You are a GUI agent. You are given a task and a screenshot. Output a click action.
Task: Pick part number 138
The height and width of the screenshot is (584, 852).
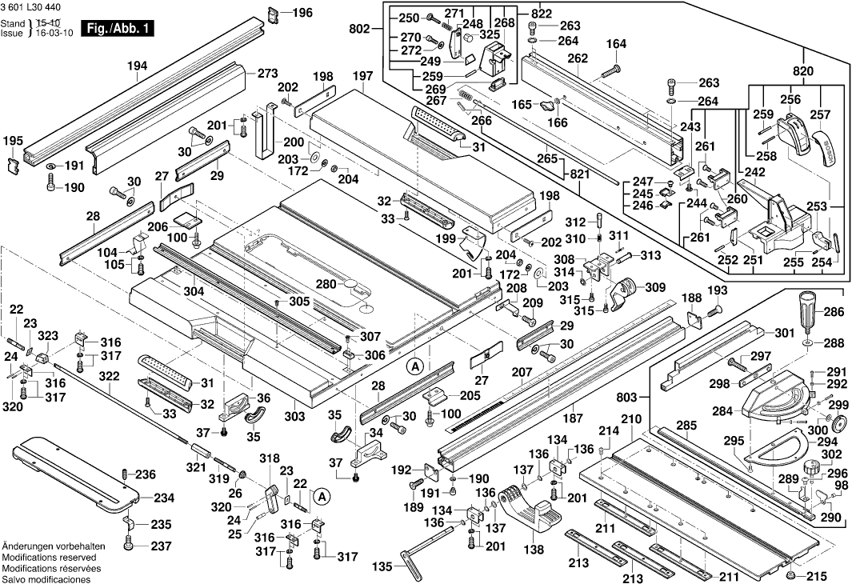point(534,550)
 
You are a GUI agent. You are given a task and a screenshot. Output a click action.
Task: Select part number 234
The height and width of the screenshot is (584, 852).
point(163,498)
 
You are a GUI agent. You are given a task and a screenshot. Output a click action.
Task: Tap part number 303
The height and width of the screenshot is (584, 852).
point(294,418)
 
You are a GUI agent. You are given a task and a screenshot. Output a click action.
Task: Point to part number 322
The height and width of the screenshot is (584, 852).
point(110,376)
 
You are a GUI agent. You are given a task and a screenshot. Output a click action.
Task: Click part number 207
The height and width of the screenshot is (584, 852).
point(522,372)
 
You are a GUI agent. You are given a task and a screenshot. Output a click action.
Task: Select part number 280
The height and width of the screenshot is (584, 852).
point(325,284)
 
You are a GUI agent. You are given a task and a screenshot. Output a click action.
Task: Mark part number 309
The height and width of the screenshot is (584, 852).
point(654,286)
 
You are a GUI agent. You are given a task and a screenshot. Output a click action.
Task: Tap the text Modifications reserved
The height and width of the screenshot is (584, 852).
point(48,557)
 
